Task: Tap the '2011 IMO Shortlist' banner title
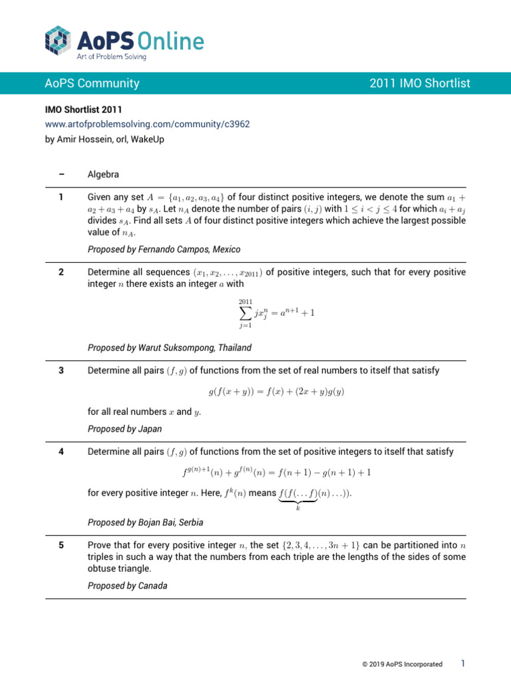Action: (419, 83)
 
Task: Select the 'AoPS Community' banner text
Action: (92, 83)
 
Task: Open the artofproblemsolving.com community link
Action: (147, 124)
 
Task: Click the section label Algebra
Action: (103, 174)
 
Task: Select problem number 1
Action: (61, 197)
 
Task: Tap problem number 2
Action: (61, 272)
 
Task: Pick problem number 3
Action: (61, 370)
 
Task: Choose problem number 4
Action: (61, 452)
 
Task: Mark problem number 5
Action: (61, 545)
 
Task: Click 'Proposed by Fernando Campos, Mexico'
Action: (164, 249)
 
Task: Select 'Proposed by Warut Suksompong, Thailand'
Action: (170, 348)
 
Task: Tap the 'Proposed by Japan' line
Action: (124, 429)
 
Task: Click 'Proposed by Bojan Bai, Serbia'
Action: (146, 522)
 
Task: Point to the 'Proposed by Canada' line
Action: (127, 586)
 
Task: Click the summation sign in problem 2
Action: (246, 313)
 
